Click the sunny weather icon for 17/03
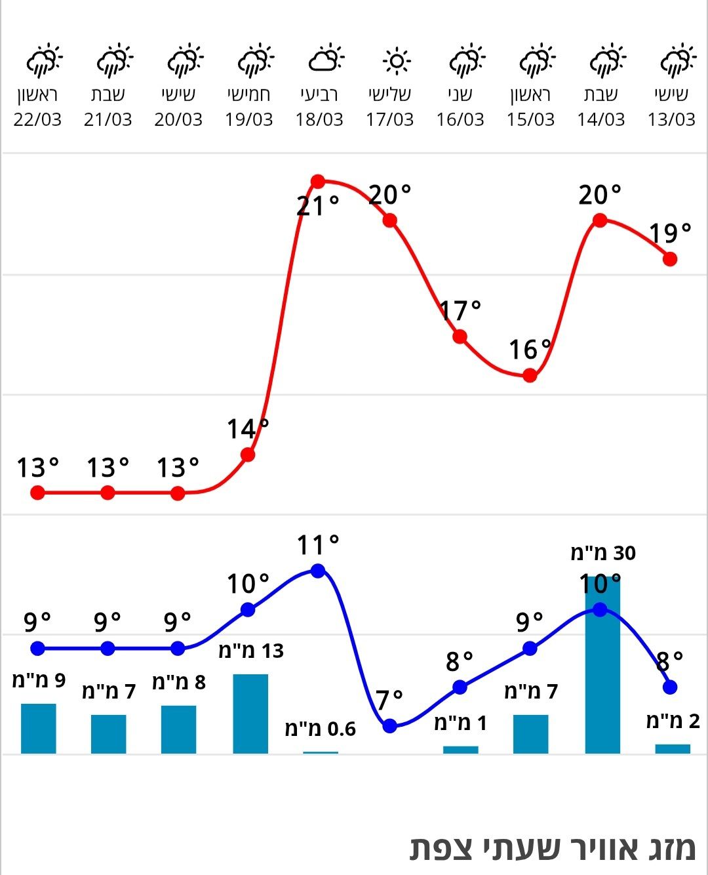pos(396,62)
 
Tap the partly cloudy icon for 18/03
pos(326,59)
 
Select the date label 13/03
pos(671,119)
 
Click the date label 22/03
pos(37,119)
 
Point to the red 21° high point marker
pos(318,182)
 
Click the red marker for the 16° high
pos(530,376)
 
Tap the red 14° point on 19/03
pos(248,455)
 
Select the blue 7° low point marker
pos(390,725)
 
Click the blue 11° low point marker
pos(318,571)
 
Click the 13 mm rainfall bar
pos(250,714)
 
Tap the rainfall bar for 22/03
pos(38,728)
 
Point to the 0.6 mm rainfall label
pos(320,729)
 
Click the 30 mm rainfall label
pos(603,553)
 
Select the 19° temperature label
pos(670,233)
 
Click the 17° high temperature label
pos(460,310)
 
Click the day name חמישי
pos(248,94)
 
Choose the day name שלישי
pos(390,94)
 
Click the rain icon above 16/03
pos(466,60)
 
